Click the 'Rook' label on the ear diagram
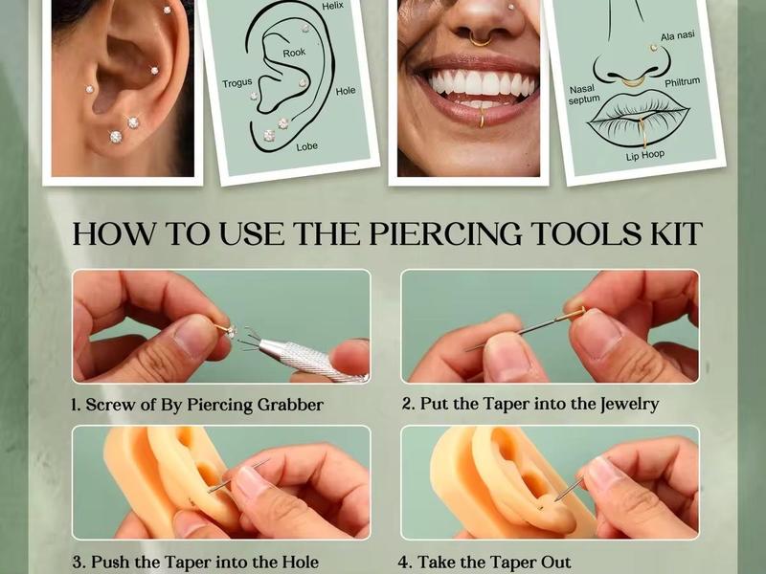(x=294, y=52)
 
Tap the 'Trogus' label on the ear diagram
(x=237, y=83)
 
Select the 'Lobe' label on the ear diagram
(x=306, y=146)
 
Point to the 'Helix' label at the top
(x=332, y=6)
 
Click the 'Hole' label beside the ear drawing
(x=346, y=91)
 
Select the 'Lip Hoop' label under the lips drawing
(x=645, y=154)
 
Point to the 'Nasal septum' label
(x=584, y=93)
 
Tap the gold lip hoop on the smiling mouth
(x=481, y=119)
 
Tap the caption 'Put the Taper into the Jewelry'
(x=530, y=404)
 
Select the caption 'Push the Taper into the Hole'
(x=194, y=562)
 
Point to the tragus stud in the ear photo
(x=89, y=89)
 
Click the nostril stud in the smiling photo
(x=511, y=9)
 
